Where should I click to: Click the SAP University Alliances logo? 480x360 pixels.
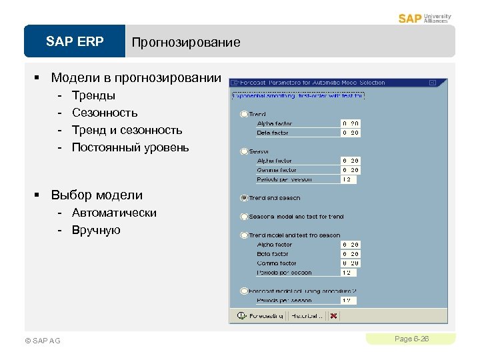(425, 18)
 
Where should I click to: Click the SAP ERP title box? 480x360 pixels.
(75, 42)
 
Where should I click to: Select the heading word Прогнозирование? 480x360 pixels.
(186, 43)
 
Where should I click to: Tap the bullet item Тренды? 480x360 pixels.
(93, 95)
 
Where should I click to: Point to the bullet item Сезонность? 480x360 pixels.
(105, 113)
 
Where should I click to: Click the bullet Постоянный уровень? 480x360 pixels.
(130, 147)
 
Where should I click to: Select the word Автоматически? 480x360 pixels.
(114, 213)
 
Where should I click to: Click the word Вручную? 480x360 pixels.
(96, 230)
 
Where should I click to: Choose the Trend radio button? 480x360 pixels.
(244, 115)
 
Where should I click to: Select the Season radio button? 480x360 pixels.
(244, 151)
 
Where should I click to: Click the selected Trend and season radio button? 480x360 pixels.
(244, 198)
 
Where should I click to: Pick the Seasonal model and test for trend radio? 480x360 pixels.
(244, 217)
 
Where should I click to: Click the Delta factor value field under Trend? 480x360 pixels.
(351, 133)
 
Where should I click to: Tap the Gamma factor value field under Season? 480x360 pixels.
(351, 170)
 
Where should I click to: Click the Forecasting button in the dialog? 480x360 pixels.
(261, 315)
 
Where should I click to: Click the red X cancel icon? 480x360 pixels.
(333, 315)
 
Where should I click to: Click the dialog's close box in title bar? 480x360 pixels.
(432, 83)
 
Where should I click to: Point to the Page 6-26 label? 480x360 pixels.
(411, 339)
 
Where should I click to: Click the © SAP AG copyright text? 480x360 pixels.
(42, 341)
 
